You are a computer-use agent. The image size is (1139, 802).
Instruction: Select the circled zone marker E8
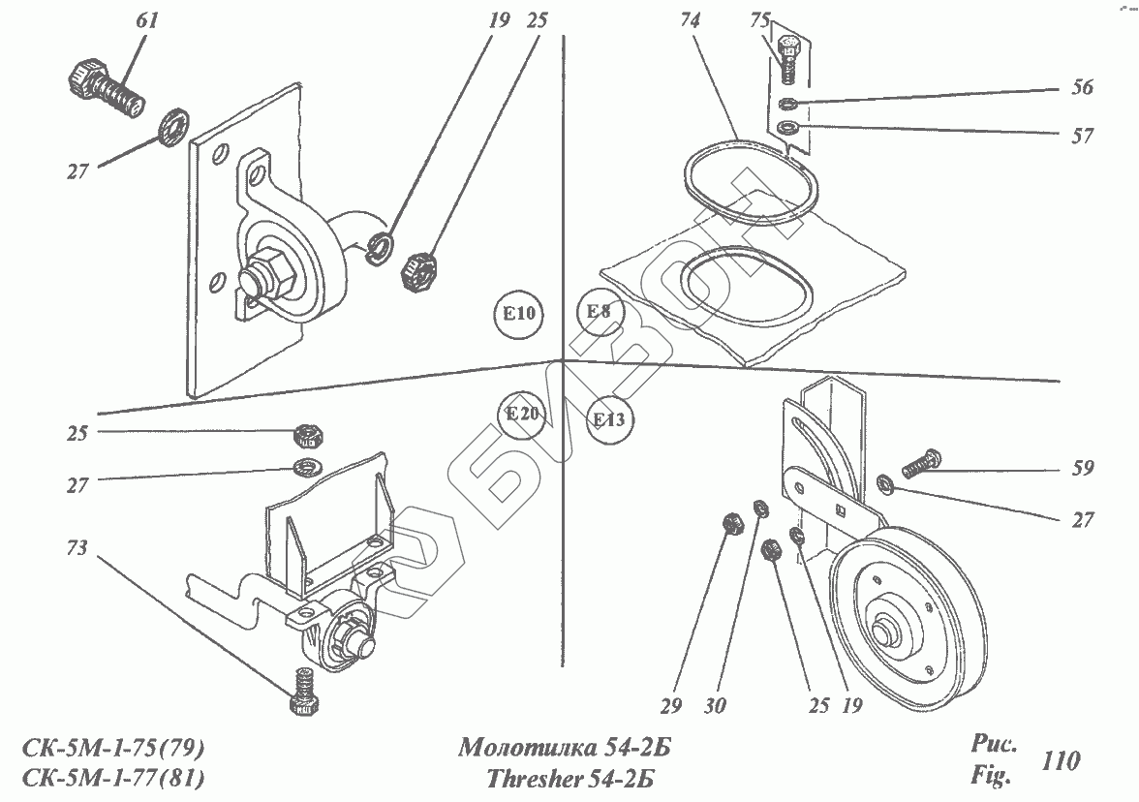click(x=599, y=312)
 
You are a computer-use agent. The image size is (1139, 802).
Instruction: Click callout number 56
click(x=1082, y=88)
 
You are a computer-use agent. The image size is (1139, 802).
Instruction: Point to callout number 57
click(x=1082, y=137)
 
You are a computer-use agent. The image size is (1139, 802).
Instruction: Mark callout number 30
click(x=716, y=706)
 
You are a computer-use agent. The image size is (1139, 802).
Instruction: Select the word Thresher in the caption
click(x=531, y=778)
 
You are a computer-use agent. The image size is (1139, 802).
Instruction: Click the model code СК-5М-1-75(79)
click(x=112, y=749)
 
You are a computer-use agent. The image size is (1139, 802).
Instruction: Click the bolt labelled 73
click(x=304, y=692)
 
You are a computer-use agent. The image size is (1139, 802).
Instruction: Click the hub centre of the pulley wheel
click(x=884, y=632)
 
